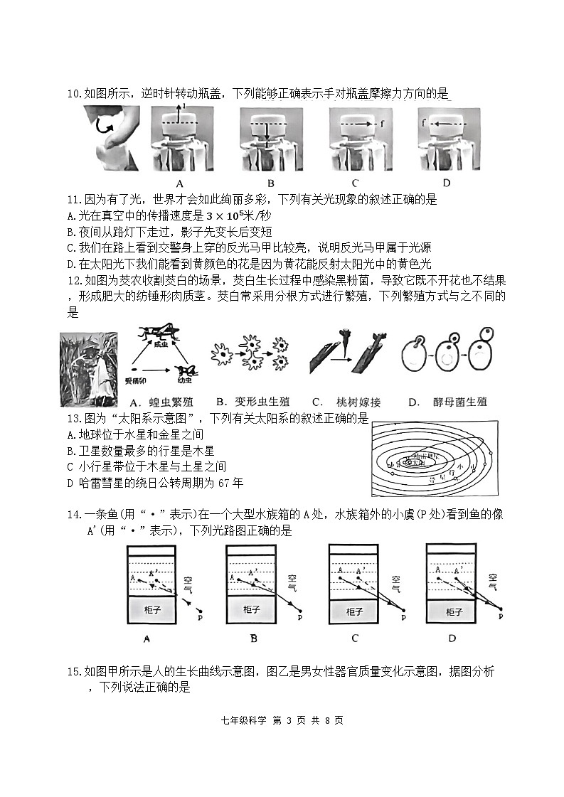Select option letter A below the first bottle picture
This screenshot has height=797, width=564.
click(x=179, y=183)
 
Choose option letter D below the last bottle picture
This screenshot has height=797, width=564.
click(x=447, y=183)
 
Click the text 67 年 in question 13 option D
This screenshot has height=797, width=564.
click(x=230, y=483)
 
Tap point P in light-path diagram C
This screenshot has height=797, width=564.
click(x=403, y=617)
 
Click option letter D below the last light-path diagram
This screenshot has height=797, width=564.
click(x=452, y=638)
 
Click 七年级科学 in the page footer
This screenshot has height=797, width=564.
click(x=244, y=720)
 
